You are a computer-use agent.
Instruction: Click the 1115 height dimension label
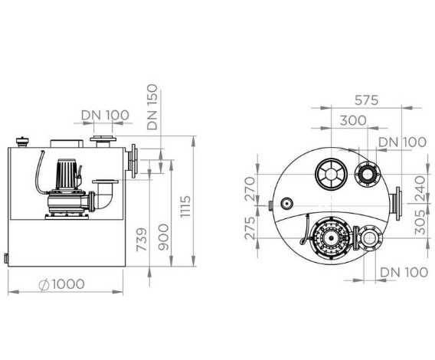click(185, 206)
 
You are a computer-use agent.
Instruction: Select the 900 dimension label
click(163, 237)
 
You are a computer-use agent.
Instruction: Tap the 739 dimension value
click(141, 240)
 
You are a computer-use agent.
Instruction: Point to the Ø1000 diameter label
click(61, 284)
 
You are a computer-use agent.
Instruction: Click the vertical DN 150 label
click(152, 107)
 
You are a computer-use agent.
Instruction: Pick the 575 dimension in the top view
click(367, 100)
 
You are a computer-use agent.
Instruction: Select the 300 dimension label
click(353, 120)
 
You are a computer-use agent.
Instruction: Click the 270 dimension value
click(250, 188)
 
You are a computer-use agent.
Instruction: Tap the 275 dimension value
click(250, 228)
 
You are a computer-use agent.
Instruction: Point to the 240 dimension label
click(420, 188)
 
